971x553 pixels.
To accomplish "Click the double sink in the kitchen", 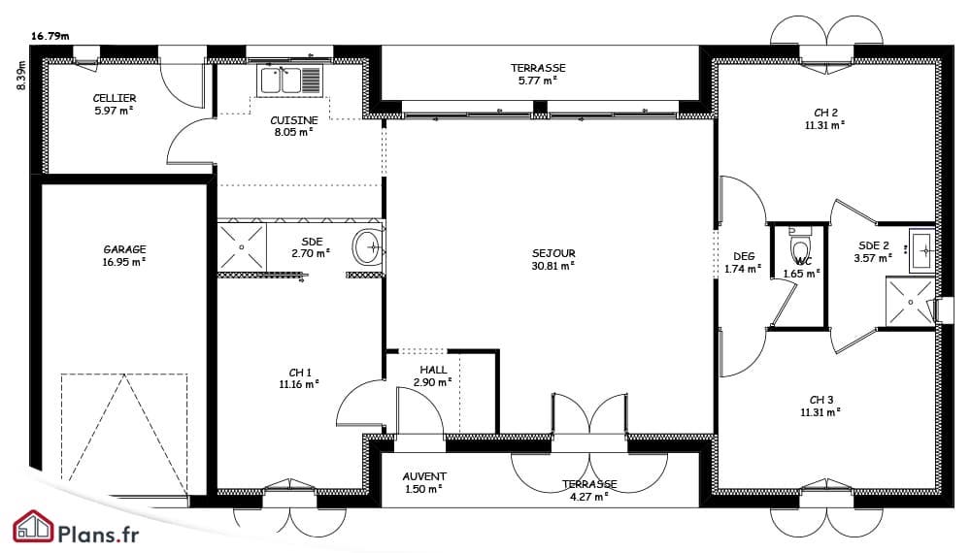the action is click(290, 81).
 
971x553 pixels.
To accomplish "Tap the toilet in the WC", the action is click(800, 247).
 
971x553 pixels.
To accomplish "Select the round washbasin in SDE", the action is click(369, 247).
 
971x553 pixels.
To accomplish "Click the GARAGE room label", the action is click(124, 249).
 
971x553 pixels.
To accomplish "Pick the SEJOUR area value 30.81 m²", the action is click(553, 266).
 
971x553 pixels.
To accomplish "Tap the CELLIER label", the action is click(115, 98).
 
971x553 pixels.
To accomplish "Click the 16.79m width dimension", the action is click(50, 36).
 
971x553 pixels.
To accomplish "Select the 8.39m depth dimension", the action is click(21, 76).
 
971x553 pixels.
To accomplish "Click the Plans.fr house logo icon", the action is click(34, 527).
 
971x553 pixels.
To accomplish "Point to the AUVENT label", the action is click(424, 476).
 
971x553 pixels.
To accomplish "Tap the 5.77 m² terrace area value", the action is click(538, 81).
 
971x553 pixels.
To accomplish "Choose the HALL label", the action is click(433, 370).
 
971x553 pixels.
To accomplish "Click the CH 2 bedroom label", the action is click(825, 113).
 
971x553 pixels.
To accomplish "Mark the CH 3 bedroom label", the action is click(821, 400).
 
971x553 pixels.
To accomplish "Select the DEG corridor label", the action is click(744, 256).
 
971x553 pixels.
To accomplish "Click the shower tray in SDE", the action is click(242, 246).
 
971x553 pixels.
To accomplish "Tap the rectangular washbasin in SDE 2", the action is click(922, 250).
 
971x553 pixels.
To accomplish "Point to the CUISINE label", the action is click(294, 120).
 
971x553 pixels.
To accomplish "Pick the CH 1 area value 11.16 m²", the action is click(299, 384).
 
